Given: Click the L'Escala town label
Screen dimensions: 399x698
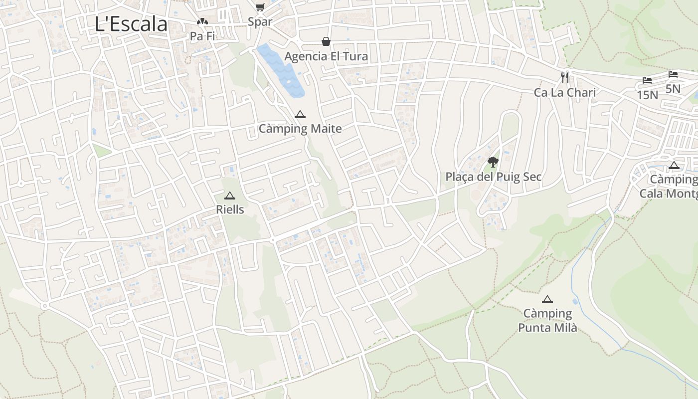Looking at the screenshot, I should (131, 24).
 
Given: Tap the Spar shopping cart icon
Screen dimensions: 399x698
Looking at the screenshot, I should (260, 6).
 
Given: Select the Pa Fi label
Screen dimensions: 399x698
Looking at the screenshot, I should (202, 36).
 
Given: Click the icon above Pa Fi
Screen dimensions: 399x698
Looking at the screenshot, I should (202, 22).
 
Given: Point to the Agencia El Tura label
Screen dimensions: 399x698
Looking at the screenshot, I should (326, 56).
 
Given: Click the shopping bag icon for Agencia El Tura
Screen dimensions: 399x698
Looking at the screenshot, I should (326, 41).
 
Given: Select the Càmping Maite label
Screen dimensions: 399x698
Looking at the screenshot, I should (300, 129).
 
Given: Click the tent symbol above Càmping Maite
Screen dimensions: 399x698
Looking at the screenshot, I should (300, 114).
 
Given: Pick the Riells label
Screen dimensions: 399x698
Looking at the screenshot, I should (230, 209).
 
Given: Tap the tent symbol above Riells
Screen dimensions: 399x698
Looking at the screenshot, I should (229, 196).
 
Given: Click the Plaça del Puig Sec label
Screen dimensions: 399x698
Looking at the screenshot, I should (494, 177).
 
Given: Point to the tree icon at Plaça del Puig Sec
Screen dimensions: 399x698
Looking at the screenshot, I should (493, 162).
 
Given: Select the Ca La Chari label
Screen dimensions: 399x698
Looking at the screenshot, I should (565, 92).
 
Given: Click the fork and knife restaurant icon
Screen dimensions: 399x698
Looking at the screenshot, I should (565, 77).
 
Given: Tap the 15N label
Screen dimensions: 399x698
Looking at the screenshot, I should (647, 95).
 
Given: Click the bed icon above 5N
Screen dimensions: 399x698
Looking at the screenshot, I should (673, 74).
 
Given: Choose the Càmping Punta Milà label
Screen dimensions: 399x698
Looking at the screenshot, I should (547, 321).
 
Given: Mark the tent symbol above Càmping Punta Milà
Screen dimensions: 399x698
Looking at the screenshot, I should (547, 299).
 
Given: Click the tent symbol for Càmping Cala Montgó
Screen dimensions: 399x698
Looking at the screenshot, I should (674, 166).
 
